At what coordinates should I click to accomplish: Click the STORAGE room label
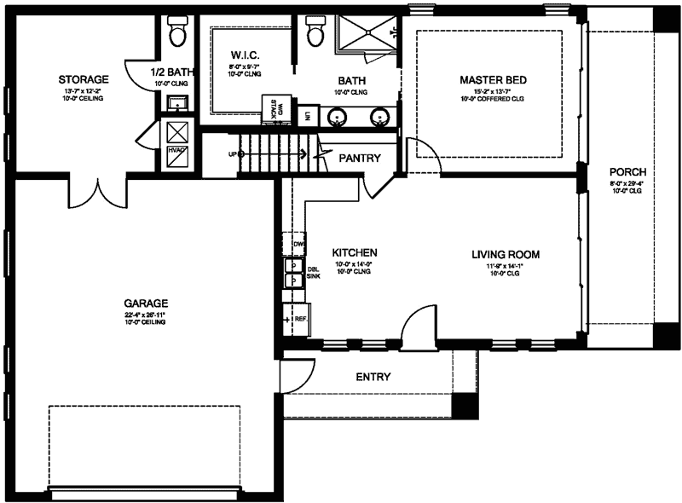tap(83, 79)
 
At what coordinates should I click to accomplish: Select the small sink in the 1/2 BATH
tap(179, 104)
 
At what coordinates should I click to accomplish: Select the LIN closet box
tap(307, 115)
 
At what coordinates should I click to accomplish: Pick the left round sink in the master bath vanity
tap(338, 115)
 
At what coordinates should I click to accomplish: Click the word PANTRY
tap(359, 159)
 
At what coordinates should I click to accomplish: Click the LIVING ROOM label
tap(506, 254)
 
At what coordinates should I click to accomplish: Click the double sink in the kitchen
tap(291, 271)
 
